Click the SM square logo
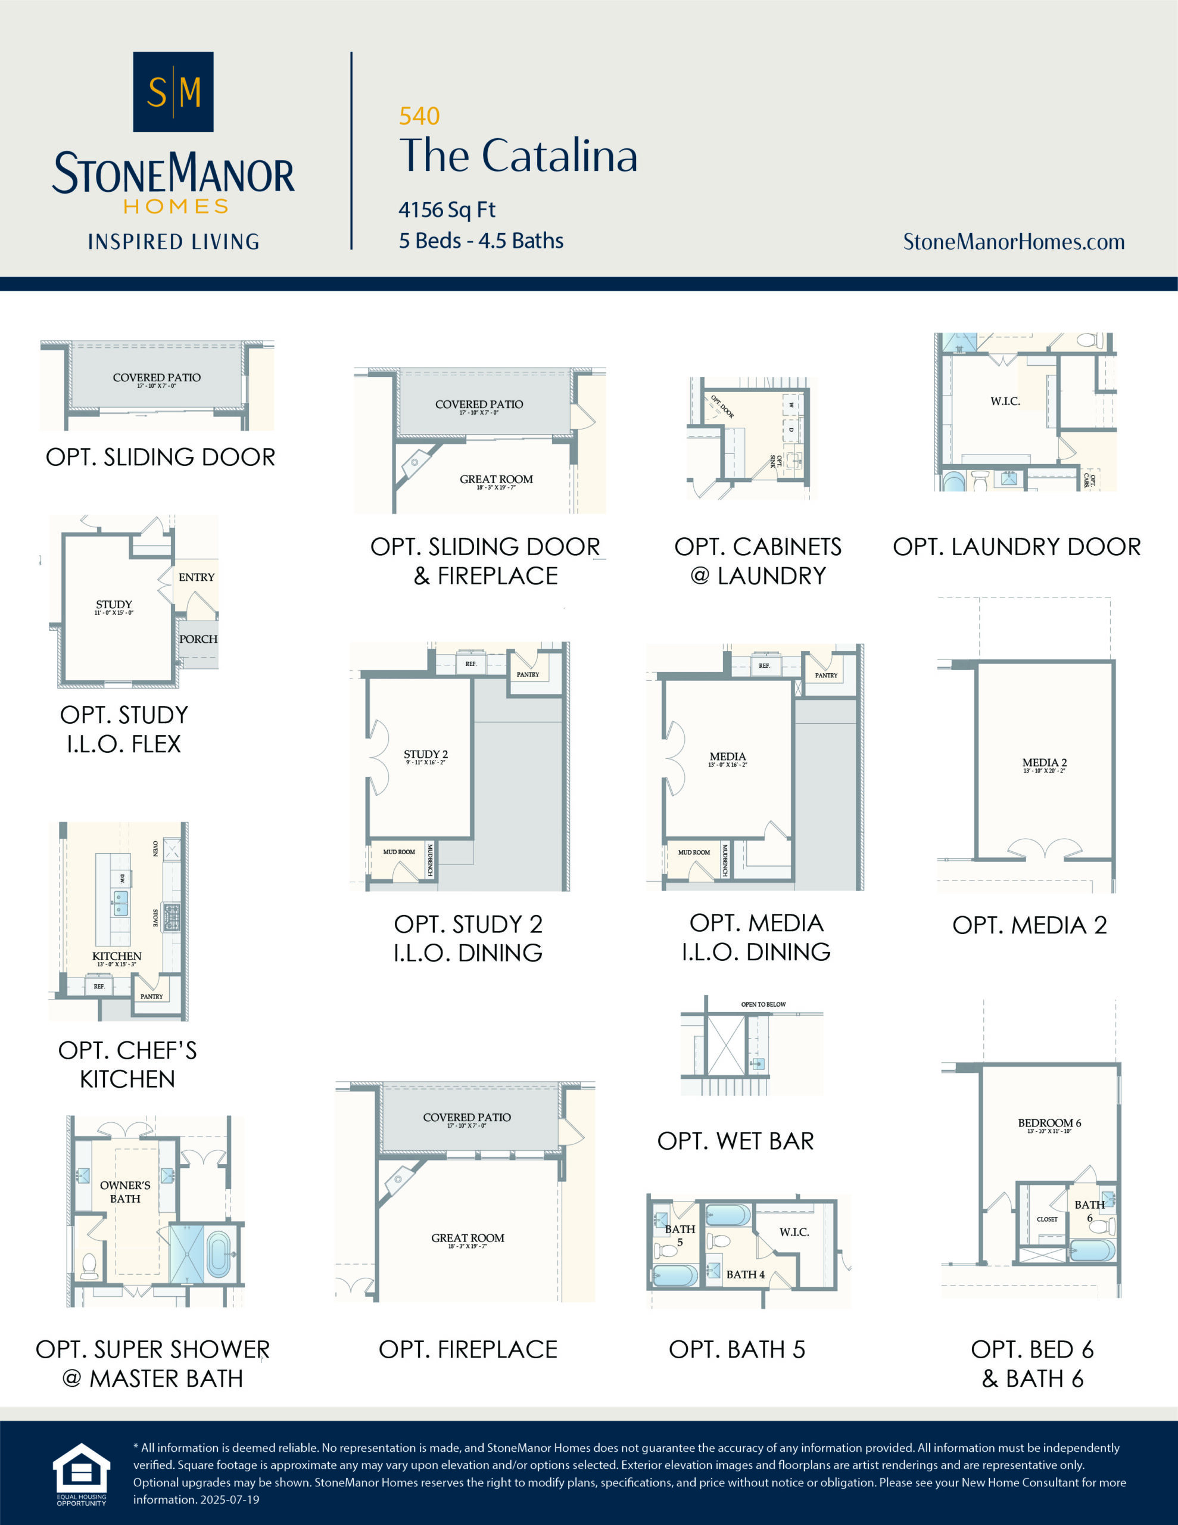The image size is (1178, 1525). tap(173, 92)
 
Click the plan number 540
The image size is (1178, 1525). tap(419, 116)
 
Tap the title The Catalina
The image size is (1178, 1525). tap(518, 155)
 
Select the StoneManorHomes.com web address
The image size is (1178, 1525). tap(1013, 242)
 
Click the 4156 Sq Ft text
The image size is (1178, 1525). tap(447, 210)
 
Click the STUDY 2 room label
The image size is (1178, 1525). tap(425, 754)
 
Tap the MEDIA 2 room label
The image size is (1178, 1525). tap(1044, 762)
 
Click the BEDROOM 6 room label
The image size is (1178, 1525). tap(1049, 1123)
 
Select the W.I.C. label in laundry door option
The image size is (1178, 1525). tap(1005, 401)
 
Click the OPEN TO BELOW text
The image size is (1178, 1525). tap(763, 1004)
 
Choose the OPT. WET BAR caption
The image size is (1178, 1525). tap(736, 1140)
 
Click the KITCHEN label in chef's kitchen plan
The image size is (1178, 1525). tap(117, 956)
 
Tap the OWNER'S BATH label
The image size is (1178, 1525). tap(125, 1191)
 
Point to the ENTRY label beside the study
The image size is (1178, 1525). tap(196, 577)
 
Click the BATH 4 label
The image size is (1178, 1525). tap(745, 1274)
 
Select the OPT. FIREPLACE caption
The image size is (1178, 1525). tap(468, 1349)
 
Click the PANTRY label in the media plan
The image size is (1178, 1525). tap(826, 675)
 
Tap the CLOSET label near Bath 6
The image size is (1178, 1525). tap(1047, 1219)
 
